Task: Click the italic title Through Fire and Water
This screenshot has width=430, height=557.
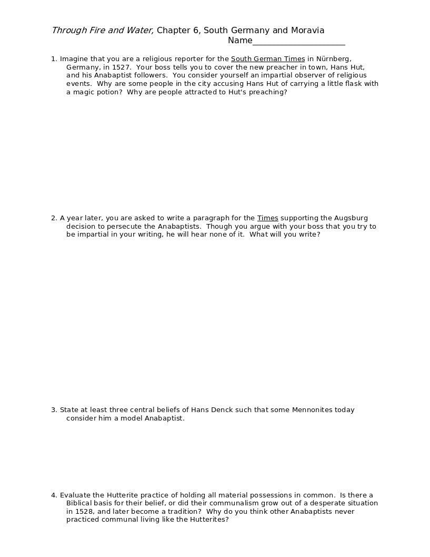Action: pos(103,31)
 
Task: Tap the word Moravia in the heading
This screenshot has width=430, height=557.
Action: pos(308,31)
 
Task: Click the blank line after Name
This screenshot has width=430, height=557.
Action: pos(299,41)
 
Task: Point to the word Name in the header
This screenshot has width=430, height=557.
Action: pos(240,41)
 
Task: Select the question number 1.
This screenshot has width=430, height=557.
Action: pos(54,59)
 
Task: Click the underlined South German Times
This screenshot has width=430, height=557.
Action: pos(268,59)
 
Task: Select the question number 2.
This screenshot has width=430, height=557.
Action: pos(54,218)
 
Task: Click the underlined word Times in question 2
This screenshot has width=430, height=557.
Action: pos(267,218)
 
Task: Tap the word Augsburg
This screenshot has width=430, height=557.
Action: pos(351,218)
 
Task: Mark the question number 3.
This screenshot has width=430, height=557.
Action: pos(54,410)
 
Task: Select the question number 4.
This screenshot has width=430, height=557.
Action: pos(54,495)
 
